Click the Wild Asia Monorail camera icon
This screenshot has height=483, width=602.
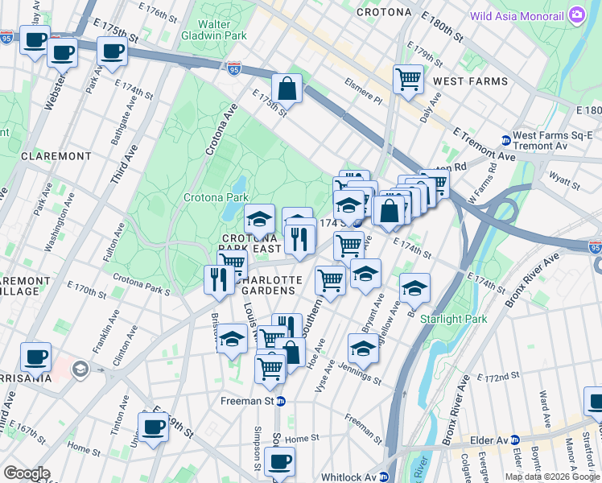click(576, 14)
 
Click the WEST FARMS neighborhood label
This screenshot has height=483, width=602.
click(470, 81)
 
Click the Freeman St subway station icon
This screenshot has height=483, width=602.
click(281, 401)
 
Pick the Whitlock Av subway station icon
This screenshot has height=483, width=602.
click(384, 476)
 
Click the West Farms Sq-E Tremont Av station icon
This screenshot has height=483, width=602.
click(505, 139)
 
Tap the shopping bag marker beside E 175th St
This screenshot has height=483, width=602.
click(287, 89)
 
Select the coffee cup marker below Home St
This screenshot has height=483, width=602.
click(279, 462)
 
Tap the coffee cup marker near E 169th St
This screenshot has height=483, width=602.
click(153, 427)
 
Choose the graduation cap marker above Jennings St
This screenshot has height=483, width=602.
click(363, 349)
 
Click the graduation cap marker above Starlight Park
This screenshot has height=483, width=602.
click(414, 287)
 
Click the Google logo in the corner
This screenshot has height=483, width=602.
click(26, 473)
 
